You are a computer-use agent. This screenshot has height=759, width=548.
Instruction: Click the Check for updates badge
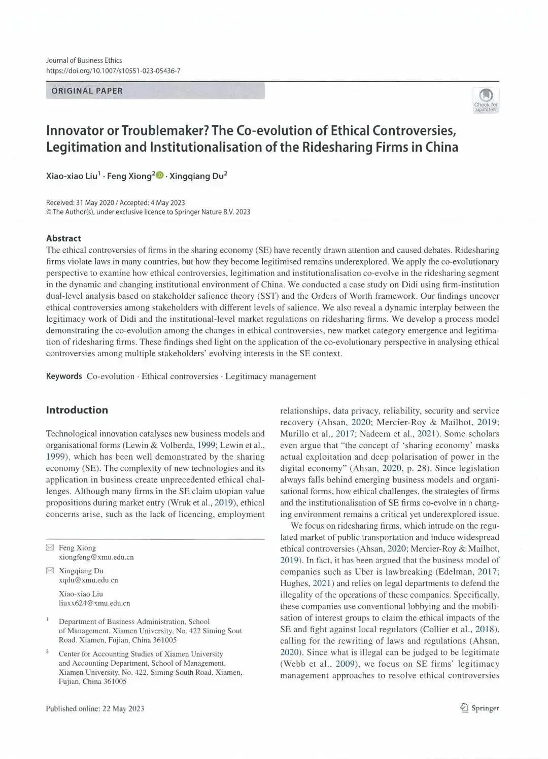pyautogui.click(x=486, y=100)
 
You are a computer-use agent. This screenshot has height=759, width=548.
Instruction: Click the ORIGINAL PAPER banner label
pyautogui.click(x=87, y=91)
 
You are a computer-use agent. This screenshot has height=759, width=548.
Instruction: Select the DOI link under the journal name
pyautogui.click(x=113, y=71)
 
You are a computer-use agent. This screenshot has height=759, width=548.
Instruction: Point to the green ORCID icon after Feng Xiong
pyautogui.click(x=160, y=175)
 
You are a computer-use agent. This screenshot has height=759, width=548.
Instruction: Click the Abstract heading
pyautogui.click(x=63, y=238)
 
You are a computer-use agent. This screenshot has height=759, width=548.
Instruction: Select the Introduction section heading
pyautogui.click(x=77, y=410)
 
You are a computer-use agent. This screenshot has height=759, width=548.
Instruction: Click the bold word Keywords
pyautogui.click(x=64, y=376)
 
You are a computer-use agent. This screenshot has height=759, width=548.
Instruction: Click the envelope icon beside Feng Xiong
pyautogui.click(x=50, y=548)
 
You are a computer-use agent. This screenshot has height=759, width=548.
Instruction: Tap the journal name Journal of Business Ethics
pyautogui.click(x=84, y=60)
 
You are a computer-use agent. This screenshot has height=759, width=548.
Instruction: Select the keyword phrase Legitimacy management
pyautogui.click(x=270, y=376)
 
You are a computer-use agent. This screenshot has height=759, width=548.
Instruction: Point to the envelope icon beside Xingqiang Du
pyautogui.click(x=50, y=571)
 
